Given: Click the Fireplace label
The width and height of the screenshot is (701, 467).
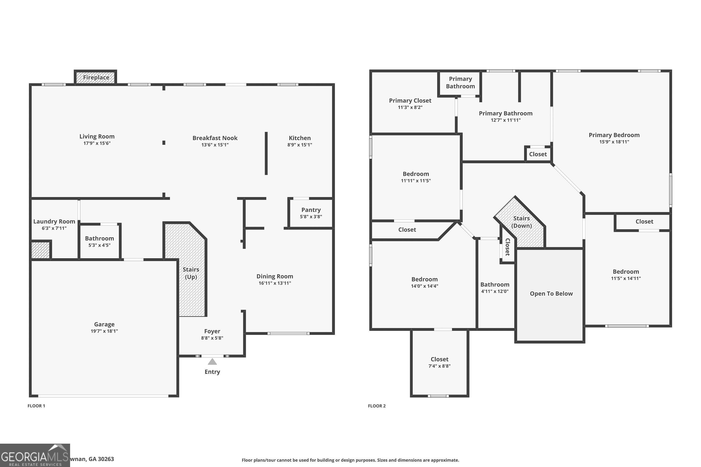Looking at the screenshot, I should tap(96, 78).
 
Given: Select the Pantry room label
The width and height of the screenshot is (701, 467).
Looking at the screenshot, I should tap(311, 210).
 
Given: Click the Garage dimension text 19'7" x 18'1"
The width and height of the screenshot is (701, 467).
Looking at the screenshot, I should tap(104, 331).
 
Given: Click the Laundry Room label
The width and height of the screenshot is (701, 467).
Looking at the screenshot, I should tap(54, 222).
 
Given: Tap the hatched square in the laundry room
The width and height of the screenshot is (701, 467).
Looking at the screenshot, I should tap(40, 250).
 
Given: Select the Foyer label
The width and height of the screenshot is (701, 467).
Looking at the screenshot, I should tap(212, 331).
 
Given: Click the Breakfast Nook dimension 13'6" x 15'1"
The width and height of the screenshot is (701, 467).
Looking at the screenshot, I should tap(215, 145).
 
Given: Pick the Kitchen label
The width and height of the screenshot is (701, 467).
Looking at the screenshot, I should tap(300, 138).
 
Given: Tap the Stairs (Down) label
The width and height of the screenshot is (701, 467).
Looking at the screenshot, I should tap(521, 222).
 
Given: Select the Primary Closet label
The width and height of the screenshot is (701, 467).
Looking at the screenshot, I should tap(410, 101).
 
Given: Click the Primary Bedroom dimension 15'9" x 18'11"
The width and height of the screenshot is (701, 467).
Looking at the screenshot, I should tap(614, 142).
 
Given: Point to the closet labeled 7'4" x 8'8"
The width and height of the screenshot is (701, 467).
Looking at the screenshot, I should tap(439, 362).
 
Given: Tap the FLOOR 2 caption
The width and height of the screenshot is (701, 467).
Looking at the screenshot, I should tap(377, 406).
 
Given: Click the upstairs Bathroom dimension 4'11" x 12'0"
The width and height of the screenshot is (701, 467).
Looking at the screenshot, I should tap(495, 291).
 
